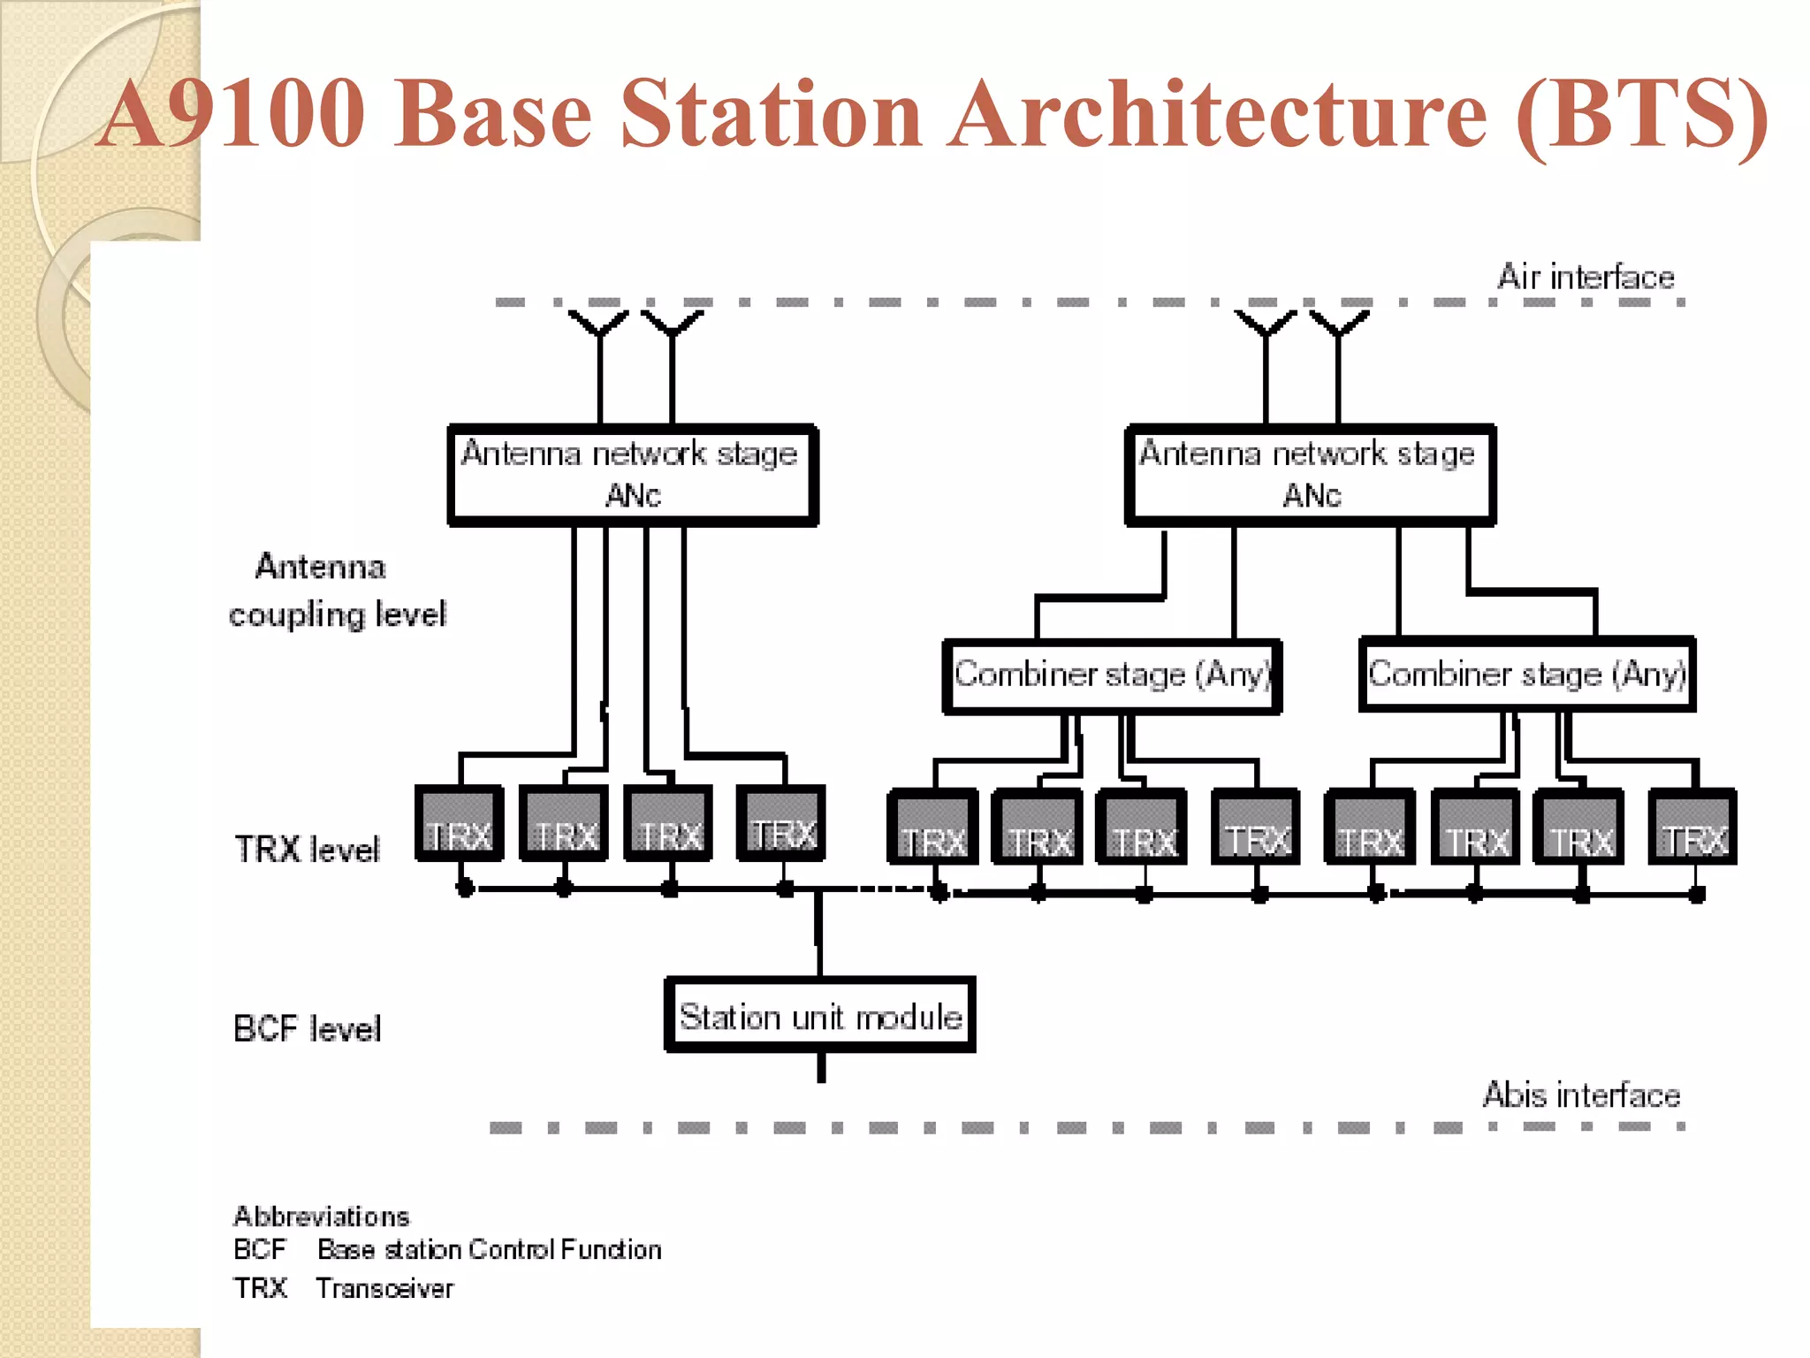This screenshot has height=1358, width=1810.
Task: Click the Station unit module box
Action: pyautogui.click(x=819, y=1016)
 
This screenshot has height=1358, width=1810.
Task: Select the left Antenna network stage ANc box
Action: pyautogui.click(x=632, y=475)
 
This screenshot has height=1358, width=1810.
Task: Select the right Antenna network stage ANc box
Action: pyautogui.click(x=1310, y=475)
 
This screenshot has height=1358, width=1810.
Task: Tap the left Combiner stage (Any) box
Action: pyautogui.click(x=1112, y=675)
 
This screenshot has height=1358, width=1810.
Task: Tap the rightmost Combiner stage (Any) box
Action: pyautogui.click(x=1526, y=675)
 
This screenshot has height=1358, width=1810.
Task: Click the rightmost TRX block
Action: pyautogui.click(x=1692, y=828)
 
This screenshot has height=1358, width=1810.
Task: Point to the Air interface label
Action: pyautogui.click(x=1586, y=278)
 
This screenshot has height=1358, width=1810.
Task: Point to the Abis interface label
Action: pyautogui.click(x=1581, y=1095)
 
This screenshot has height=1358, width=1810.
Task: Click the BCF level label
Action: pyautogui.click(x=307, y=1029)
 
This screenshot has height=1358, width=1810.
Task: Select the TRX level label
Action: pyautogui.click(x=307, y=849)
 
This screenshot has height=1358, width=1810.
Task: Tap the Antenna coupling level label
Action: pyautogui.click(x=336, y=591)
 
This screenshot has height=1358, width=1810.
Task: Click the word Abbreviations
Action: pyautogui.click(x=321, y=1217)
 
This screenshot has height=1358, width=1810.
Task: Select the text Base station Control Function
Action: pyautogui.click(x=489, y=1250)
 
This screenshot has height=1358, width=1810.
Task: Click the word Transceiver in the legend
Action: pyautogui.click(x=384, y=1289)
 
